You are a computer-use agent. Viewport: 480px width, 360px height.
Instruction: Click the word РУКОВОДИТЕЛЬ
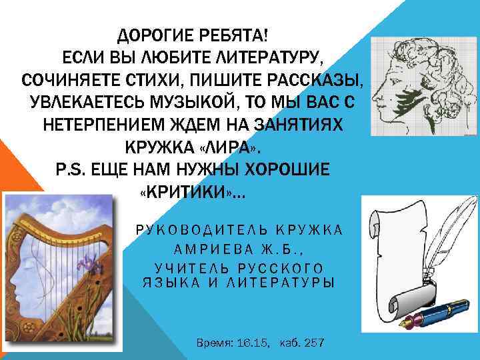point(194,231)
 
